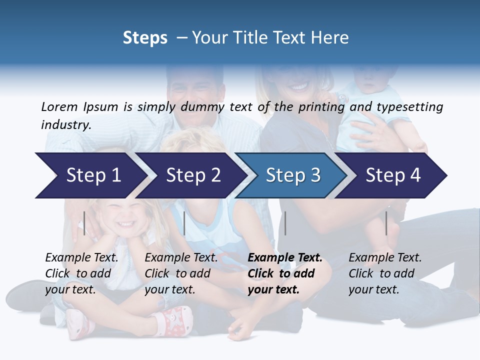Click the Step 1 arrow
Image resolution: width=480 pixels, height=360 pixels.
click(90, 175)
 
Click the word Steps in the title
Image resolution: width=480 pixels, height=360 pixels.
click(145, 37)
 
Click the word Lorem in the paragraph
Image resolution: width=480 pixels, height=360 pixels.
click(59, 106)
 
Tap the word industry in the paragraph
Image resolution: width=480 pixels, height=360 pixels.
click(65, 124)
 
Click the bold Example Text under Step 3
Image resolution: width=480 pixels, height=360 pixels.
click(285, 258)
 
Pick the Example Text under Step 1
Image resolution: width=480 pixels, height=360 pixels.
click(81, 258)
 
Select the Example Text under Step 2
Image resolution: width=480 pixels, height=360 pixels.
click(181, 258)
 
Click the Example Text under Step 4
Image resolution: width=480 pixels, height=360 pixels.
click(385, 258)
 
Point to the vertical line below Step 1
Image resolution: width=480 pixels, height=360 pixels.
click(84, 223)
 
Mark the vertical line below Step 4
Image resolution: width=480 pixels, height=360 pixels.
click(386, 223)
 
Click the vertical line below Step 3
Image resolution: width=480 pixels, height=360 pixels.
click(285, 223)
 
